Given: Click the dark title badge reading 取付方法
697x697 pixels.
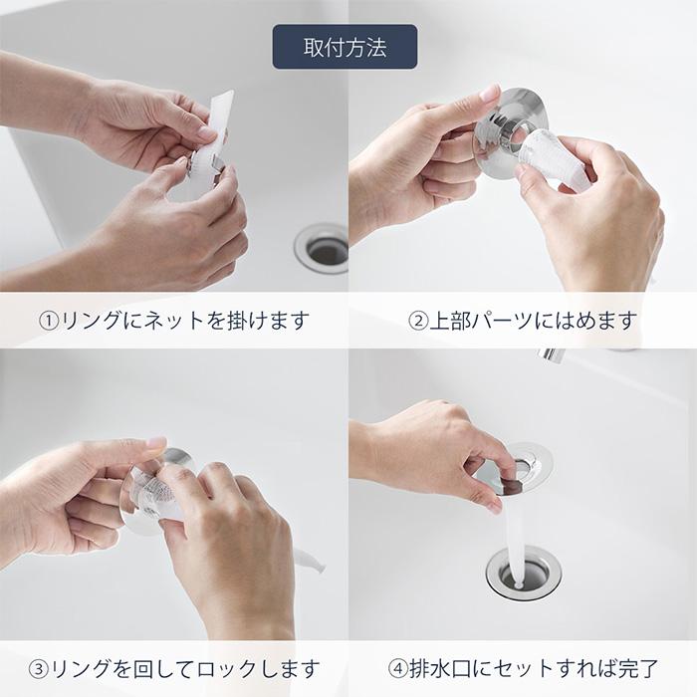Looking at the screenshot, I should tap(346, 47).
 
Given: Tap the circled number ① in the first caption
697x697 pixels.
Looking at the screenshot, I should tap(49, 322).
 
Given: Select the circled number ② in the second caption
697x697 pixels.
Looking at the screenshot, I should tap(418, 322).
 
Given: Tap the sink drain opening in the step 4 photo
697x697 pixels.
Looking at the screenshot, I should tap(518, 575).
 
